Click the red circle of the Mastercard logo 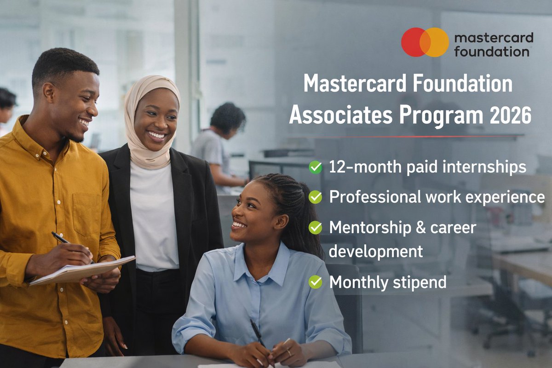[413, 42]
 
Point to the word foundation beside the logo [491, 51]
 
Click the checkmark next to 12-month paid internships [316, 167]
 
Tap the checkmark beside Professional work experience [316, 197]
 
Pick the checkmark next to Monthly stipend [316, 282]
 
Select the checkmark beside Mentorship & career [316, 227]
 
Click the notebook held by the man [83, 272]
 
